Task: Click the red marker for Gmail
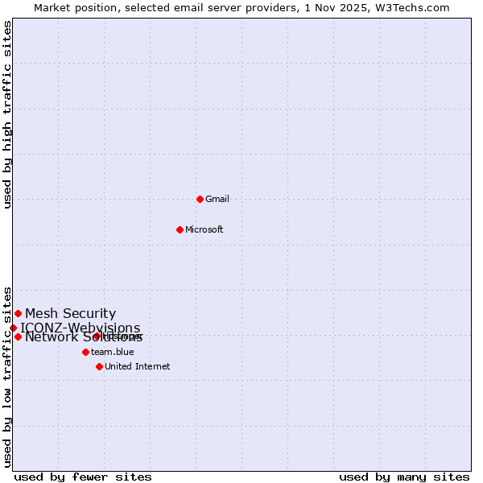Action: click(200, 199)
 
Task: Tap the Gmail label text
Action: click(217, 200)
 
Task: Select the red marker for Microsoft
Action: click(180, 229)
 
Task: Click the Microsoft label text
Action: click(204, 230)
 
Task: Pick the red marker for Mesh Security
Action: click(18, 313)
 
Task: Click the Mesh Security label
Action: click(70, 314)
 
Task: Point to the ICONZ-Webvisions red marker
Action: click(13, 328)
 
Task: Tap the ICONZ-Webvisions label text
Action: click(80, 328)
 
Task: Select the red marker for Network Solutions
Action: click(18, 336)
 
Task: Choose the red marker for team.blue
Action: click(85, 352)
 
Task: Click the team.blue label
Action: click(113, 353)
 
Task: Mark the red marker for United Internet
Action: click(99, 366)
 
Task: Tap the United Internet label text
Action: click(138, 367)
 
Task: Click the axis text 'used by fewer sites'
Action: click(83, 477)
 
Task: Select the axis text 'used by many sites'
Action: click(404, 477)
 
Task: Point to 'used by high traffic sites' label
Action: click(7, 114)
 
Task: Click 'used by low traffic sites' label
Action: click(7, 376)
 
